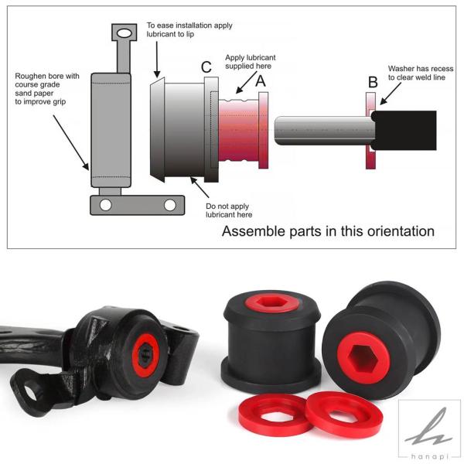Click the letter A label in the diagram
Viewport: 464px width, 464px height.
tap(261, 80)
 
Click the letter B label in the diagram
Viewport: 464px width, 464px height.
tap(373, 82)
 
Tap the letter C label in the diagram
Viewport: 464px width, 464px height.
tap(206, 67)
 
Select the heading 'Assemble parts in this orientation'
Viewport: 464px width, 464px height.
tap(328, 231)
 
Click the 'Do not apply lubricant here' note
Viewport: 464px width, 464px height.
tap(229, 210)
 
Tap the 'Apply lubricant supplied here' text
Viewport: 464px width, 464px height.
tap(251, 62)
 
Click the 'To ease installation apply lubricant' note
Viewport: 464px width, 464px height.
tap(189, 29)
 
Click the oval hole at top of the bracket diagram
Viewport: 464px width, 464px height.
tap(124, 32)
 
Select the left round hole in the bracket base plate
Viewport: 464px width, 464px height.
tap(106, 205)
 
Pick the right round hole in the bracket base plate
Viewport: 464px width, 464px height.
tap(170, 205)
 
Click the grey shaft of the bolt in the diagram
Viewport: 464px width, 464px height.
tap(325, 131)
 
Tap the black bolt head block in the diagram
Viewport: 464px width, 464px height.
tap(404, 130)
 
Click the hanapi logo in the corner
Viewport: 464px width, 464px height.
tap(429, 431)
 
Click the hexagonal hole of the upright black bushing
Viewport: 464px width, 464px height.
tap(272, 302)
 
